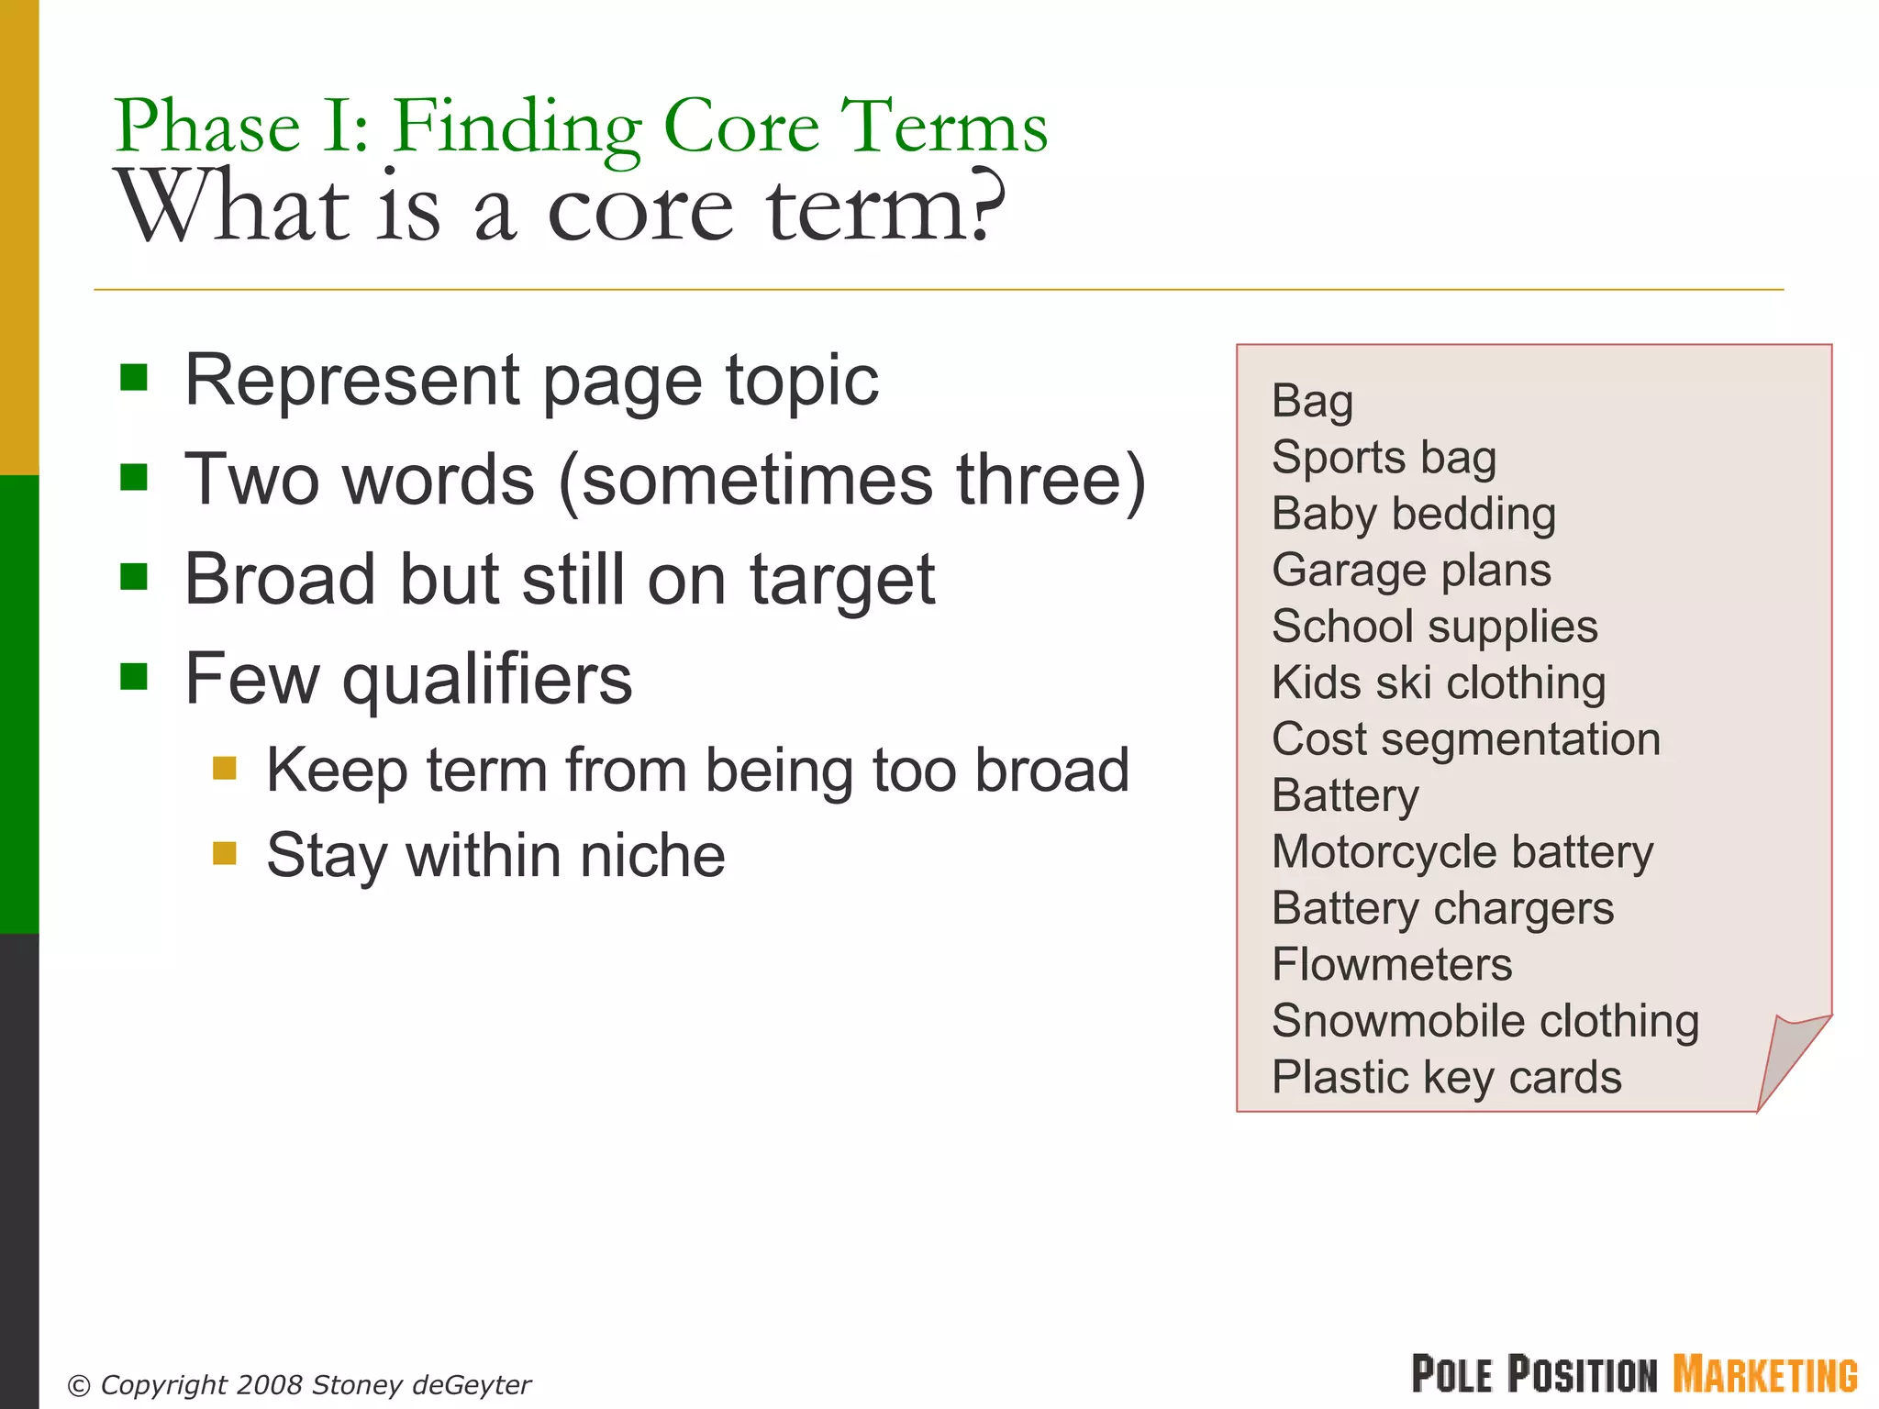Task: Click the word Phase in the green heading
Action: [x=207, y=127]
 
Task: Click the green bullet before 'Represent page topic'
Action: [x=134, y=377]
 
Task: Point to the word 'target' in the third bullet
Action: [x=841, y=581]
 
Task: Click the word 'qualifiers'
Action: [x=486, y=680]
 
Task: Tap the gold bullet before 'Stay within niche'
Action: [x=225, y=853]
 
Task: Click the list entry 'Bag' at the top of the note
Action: [x=1312, y=402]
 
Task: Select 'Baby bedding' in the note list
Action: [x=1413, y=514]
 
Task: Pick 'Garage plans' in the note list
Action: [x=1411, y=571]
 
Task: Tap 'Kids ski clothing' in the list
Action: [x=1438, y=683]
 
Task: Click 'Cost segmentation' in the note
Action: [x=1465, y=739]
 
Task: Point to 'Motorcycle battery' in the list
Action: [x=1462, y=852]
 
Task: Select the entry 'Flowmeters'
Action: [x=1391, y=965]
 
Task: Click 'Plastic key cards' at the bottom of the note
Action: [x=1446, y=1078]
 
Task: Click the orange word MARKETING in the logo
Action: [x=1764, y=1375]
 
